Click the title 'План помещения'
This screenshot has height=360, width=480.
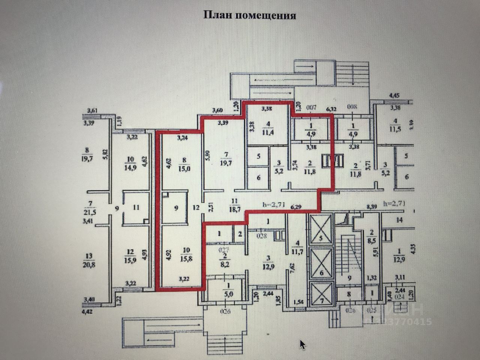point(249,15)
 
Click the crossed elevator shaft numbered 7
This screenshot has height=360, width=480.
point(321,295)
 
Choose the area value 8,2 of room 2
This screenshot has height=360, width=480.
point(225,264)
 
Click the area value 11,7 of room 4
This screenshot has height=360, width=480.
point(297,249)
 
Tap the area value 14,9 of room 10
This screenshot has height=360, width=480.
point(131,167)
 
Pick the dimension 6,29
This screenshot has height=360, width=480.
point(296,206)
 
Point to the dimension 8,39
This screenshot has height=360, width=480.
point(371,206)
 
